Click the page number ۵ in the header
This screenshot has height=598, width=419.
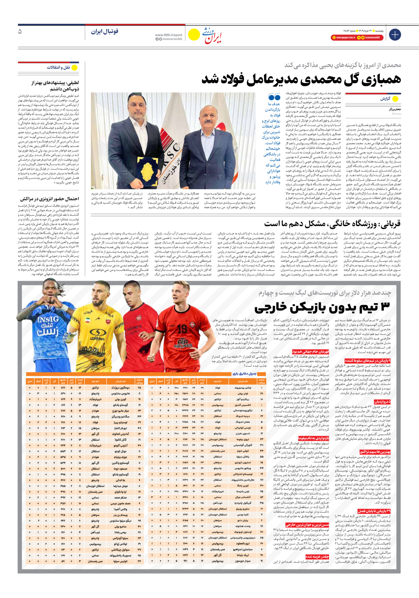click(x=20, y=31)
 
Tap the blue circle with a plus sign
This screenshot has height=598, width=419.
click(x=395, y=35)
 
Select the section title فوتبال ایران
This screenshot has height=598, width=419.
click(x=105, y=31)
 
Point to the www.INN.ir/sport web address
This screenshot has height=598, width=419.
click(x=169, y=35)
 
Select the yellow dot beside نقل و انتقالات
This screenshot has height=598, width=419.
click(x=74, y=67)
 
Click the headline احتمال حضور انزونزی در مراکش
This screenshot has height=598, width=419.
click(x=49, y=199)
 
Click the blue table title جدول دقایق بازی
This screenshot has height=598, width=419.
click(x=245, y=374)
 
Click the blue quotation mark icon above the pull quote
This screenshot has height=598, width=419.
click(x=274, y=97)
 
